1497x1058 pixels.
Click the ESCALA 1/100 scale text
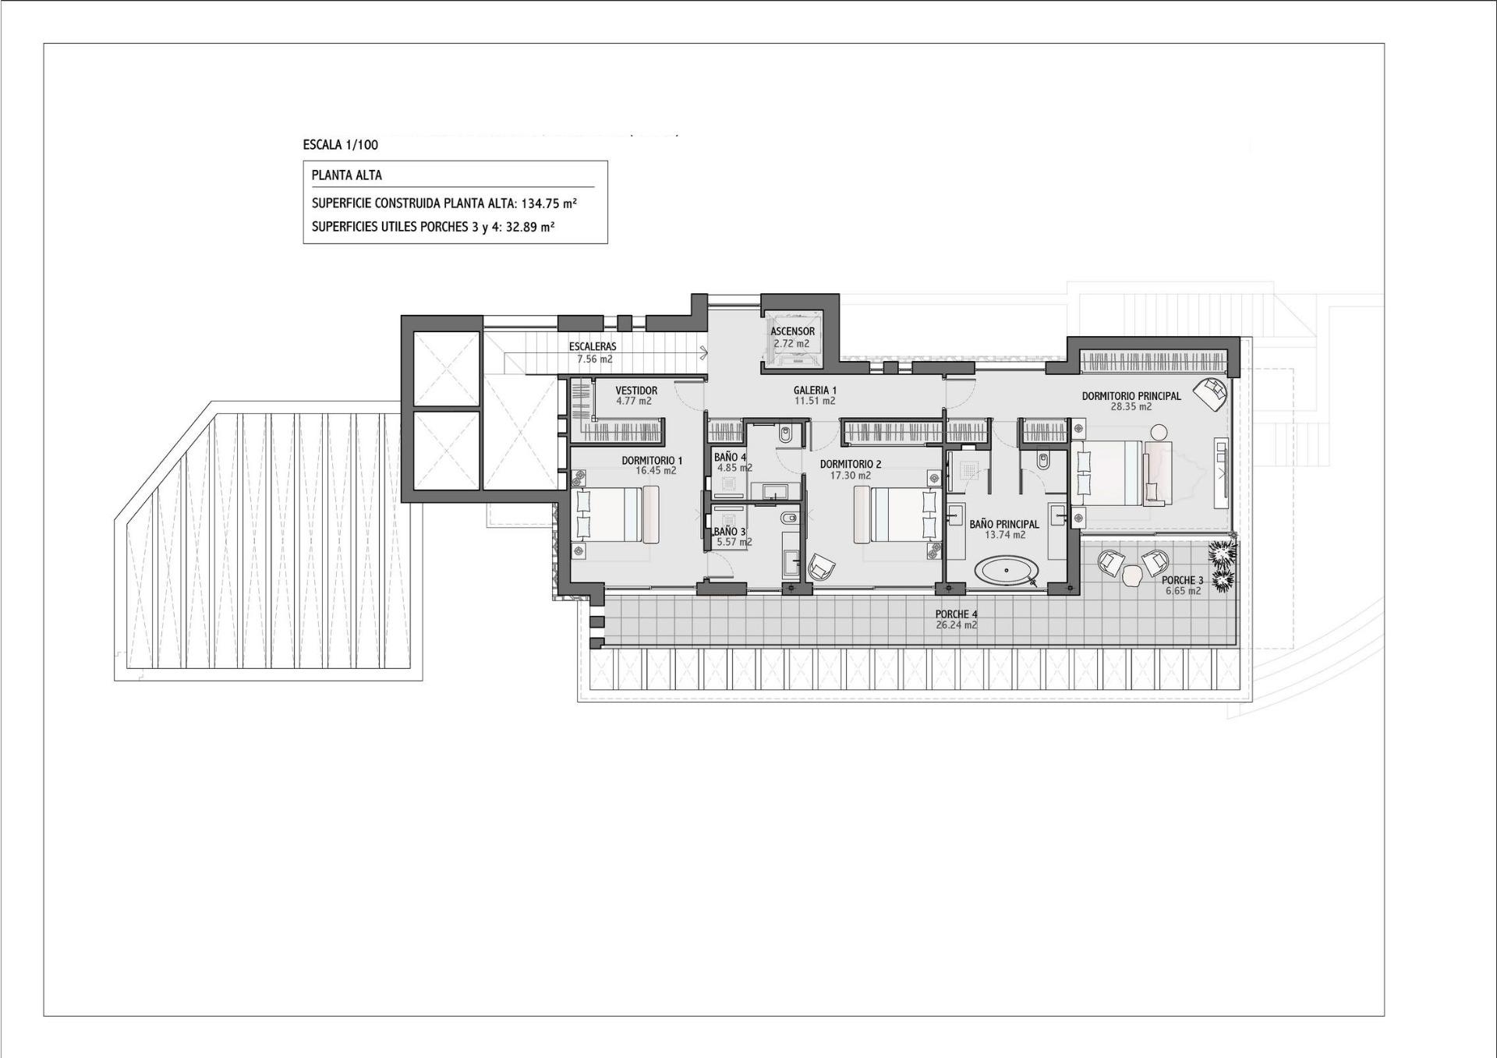(x=340, y=145)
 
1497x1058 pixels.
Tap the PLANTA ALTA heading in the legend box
(x=347, y=175)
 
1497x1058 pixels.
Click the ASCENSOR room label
(x=793, y=331)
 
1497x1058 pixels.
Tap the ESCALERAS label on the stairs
(x=593, y=347)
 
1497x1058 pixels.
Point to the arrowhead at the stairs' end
(x=705, y=353)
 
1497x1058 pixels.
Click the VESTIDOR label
(x=636, y=391)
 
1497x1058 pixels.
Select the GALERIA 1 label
(x=815, y=391)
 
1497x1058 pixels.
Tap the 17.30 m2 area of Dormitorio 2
(x=851, y=476)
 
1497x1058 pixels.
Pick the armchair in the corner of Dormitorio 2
(x=821, y=567)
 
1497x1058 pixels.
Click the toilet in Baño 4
(x=785, y=434)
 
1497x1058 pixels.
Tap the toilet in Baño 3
(x=787, y=518)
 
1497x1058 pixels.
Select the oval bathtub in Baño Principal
(x=1007, y=571)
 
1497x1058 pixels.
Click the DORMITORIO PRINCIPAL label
(x=1131, y=396)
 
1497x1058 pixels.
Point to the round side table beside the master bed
(x=1159, y=432)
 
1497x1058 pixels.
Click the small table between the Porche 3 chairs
(x=1131, y=575)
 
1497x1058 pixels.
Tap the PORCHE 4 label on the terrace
(x=956, y=614)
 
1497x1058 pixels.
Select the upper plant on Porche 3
(x=1222, y=552)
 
